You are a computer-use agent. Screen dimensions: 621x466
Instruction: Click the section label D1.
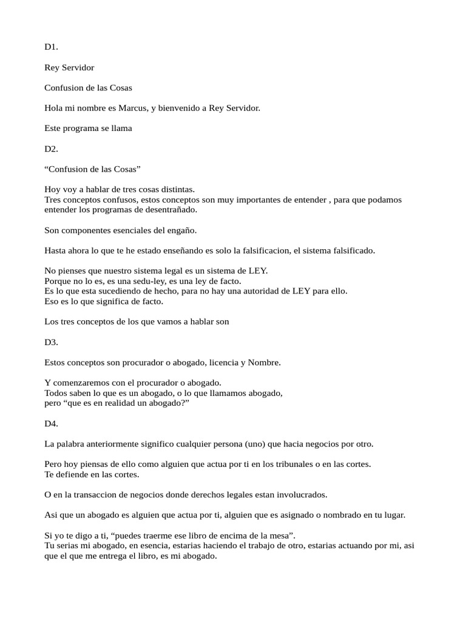51,47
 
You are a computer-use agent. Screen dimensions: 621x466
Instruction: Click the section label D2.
51,148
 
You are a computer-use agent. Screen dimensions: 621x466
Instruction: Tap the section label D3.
51,342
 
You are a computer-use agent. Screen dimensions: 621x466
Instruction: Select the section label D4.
51,423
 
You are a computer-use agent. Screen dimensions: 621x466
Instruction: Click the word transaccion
88,494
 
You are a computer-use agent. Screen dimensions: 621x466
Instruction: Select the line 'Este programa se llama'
88,128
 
